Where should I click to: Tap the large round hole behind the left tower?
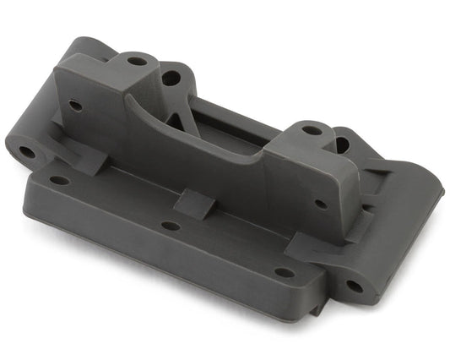click(x=171, y=79)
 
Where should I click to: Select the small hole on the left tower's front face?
click(x=76, y=106)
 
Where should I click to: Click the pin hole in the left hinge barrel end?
click(x=27, y=153)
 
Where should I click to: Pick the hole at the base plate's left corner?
click(x=59, y=180)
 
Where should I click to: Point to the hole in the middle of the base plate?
click(x=170, y=226)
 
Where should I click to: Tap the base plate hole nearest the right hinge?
click(x=285, y=272)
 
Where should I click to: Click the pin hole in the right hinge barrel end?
click(x=354, y=286)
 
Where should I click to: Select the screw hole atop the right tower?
click(x=312, y=130)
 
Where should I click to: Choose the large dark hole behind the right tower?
click(x=342, y=145)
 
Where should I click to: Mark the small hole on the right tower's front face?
click(x=321, y=204)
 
